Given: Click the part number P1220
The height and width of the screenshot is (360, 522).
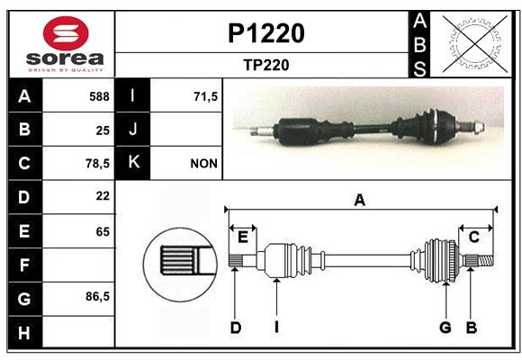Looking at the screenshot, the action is coord(266,33).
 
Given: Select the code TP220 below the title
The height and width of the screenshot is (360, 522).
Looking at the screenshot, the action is coord(266,65).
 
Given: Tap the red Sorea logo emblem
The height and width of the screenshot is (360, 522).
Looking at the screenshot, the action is coord(66,33).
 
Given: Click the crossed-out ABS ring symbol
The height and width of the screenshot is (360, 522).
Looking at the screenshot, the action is coord(475,44).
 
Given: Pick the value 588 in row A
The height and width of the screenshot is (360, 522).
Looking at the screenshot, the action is coord(99,96).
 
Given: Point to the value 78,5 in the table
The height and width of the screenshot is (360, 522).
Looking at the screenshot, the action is coord(97,164).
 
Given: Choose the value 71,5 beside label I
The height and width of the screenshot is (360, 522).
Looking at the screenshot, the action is coord(205,96).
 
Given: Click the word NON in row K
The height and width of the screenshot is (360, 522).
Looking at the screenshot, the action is coord(203,164).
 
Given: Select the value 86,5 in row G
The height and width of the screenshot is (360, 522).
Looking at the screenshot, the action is coord(97,296).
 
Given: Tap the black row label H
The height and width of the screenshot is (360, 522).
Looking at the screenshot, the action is coord(25,332).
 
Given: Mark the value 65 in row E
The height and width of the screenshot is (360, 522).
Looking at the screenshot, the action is coord(103,231).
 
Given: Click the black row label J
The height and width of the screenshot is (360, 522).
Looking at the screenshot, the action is coord(132,130).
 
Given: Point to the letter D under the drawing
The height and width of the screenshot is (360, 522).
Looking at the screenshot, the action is coord(236,328).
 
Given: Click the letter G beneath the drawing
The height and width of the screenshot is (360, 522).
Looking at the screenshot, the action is coord(445,328).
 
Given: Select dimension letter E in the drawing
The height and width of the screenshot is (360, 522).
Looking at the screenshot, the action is coord(243,238).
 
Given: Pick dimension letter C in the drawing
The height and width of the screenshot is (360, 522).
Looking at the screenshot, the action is coord(474,238).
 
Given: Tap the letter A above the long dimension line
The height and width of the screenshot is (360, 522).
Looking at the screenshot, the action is coord(359,201).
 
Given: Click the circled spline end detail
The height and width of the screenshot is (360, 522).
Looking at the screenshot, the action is coord(180,265).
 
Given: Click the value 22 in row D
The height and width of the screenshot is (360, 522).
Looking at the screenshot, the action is coord(103,196).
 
